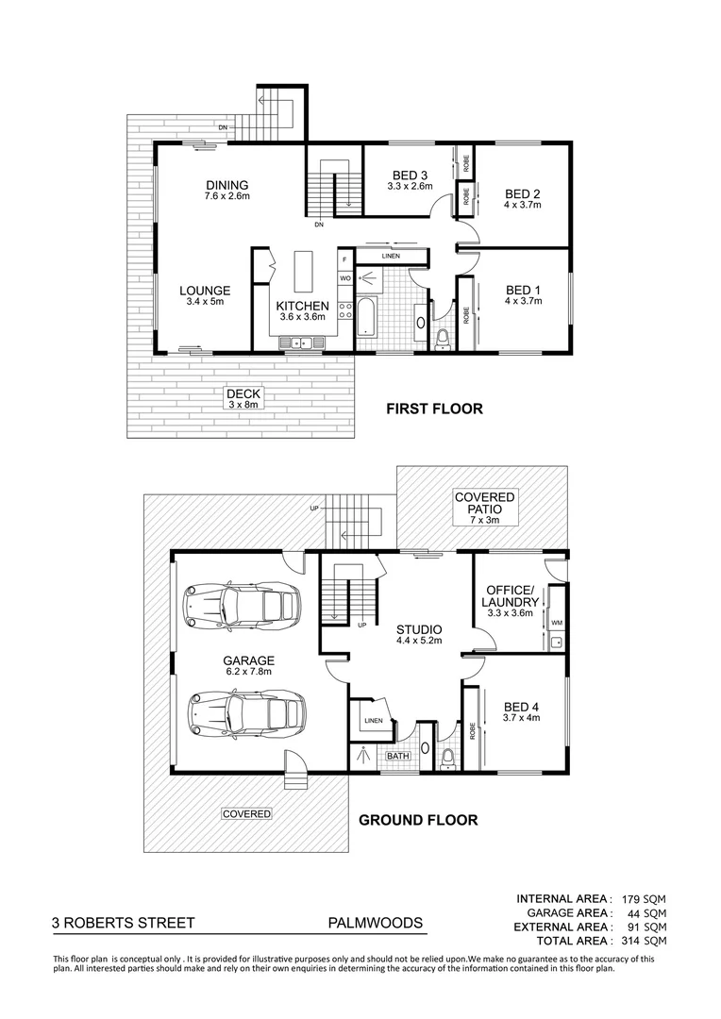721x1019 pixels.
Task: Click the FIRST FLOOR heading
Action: pos(434,409)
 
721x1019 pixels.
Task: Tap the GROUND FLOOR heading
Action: pos(417,820)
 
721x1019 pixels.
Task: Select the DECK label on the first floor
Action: pos(243,393)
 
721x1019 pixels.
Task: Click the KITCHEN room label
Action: pos(302,306)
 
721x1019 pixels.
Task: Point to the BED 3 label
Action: pos(410,175)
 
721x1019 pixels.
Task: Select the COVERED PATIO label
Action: pos(484,497)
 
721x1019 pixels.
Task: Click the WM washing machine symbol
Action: pos(556,623)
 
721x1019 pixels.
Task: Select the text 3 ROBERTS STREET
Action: pos(124,923)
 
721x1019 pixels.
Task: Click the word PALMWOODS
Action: pos(375,923)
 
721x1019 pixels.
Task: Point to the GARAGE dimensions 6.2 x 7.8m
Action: pos(248,672)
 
